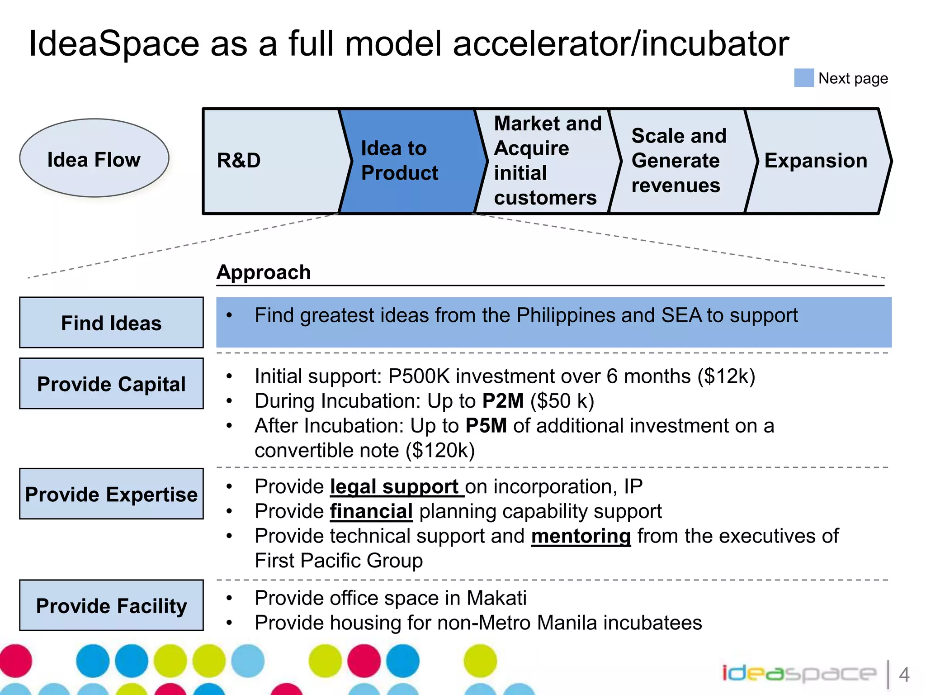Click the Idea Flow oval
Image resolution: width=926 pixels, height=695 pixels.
94,158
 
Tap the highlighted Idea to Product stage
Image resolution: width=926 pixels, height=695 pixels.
407,161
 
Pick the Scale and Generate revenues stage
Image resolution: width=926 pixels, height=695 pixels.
678,161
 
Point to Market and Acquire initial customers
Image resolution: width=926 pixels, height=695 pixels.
547,161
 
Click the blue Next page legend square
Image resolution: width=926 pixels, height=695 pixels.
803,78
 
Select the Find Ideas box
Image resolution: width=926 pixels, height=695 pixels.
111,323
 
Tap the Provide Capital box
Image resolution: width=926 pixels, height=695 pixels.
111,384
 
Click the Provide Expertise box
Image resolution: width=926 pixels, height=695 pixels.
111,494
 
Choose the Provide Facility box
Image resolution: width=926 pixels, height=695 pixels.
111,605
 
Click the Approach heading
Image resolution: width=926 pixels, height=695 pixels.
264,272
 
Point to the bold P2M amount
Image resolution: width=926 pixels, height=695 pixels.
503,401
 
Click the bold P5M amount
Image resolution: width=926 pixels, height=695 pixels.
486,426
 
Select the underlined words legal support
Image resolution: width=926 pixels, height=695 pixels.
396,487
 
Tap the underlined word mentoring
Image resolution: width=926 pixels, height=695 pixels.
581,536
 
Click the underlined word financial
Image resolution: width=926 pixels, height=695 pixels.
371,512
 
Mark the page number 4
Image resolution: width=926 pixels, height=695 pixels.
904,675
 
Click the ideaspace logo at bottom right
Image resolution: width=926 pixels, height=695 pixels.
798,674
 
